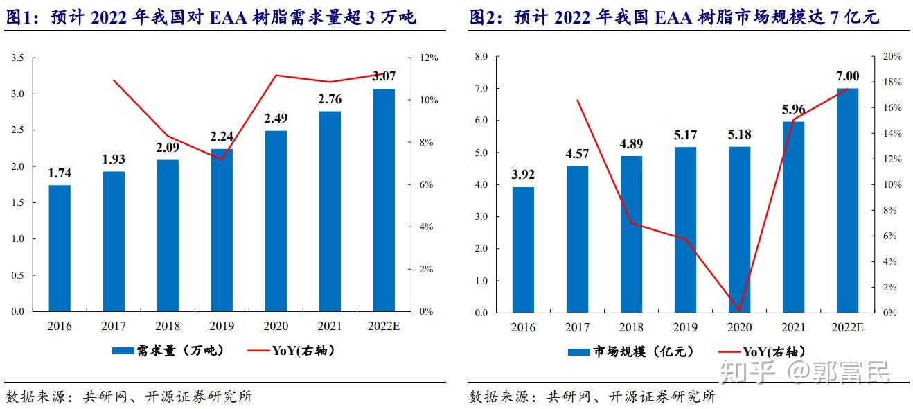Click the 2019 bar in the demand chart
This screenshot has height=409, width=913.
pos(222,230)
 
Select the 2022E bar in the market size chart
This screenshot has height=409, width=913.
pos(847,200)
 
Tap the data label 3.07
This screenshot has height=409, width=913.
pos(384,76)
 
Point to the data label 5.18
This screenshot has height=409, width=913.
pos(739,134)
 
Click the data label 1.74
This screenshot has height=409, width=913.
pos(60,173)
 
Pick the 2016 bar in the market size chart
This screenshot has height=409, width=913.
pos(523,250)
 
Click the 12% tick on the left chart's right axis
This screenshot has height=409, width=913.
pos(429,58)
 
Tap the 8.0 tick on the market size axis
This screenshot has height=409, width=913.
pos(481,57)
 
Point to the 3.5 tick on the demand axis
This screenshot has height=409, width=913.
pos(18,58)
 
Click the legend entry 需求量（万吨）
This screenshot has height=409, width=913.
pos(169,351)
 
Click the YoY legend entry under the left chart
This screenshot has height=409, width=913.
pos(291,351)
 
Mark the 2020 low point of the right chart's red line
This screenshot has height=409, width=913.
pos(739,310)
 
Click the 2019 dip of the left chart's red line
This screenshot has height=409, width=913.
pos(222,159)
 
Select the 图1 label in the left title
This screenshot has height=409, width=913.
pos(21,17)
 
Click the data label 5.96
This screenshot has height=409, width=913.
pos(793,109)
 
